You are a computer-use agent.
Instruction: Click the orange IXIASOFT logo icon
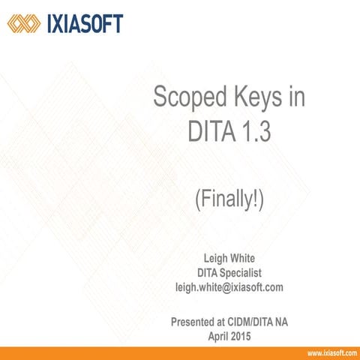coord(22,24)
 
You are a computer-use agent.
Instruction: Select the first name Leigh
coord(209,259)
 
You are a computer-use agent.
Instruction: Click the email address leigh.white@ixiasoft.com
coord(228,286)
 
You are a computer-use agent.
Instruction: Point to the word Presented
coord(196,322)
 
